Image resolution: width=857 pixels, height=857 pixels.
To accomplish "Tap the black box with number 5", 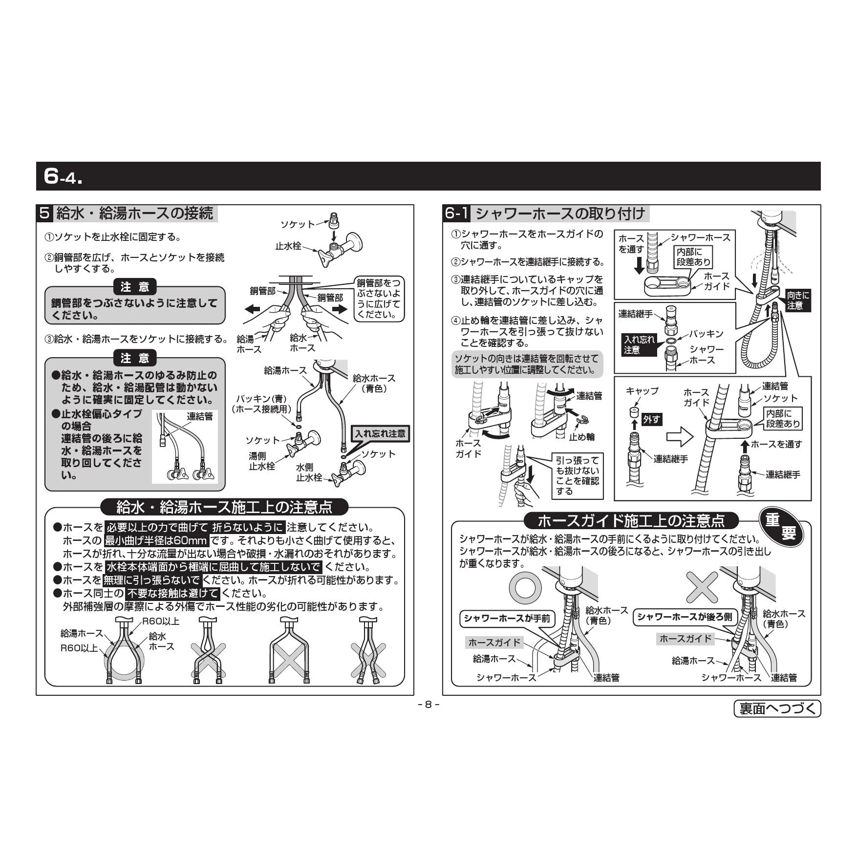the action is [x=44, y=214].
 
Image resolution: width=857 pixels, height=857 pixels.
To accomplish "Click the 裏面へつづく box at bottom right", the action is [x=777, y=708].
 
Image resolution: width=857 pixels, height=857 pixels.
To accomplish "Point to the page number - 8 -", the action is [x=428, y=705].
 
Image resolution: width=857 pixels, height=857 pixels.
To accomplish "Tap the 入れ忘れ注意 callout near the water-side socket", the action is [x=380, y=433].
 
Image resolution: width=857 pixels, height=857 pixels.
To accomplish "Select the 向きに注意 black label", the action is [x=798, y=300].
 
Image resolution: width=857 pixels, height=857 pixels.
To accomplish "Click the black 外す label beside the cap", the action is [x=651, y=419].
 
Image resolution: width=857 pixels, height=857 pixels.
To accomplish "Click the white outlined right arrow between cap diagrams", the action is [x=680, y=437].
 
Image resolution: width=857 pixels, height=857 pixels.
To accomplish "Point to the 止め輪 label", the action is [x=581, y=436].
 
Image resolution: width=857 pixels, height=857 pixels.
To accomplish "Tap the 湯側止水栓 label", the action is [x=262, y=461].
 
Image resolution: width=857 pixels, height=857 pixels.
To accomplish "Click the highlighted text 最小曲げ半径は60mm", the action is [x=156, y=541].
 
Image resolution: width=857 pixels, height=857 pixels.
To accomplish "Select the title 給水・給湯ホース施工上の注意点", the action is [x=224, y=507].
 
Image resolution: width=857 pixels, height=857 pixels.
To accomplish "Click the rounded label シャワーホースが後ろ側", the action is [x=685, y=617].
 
